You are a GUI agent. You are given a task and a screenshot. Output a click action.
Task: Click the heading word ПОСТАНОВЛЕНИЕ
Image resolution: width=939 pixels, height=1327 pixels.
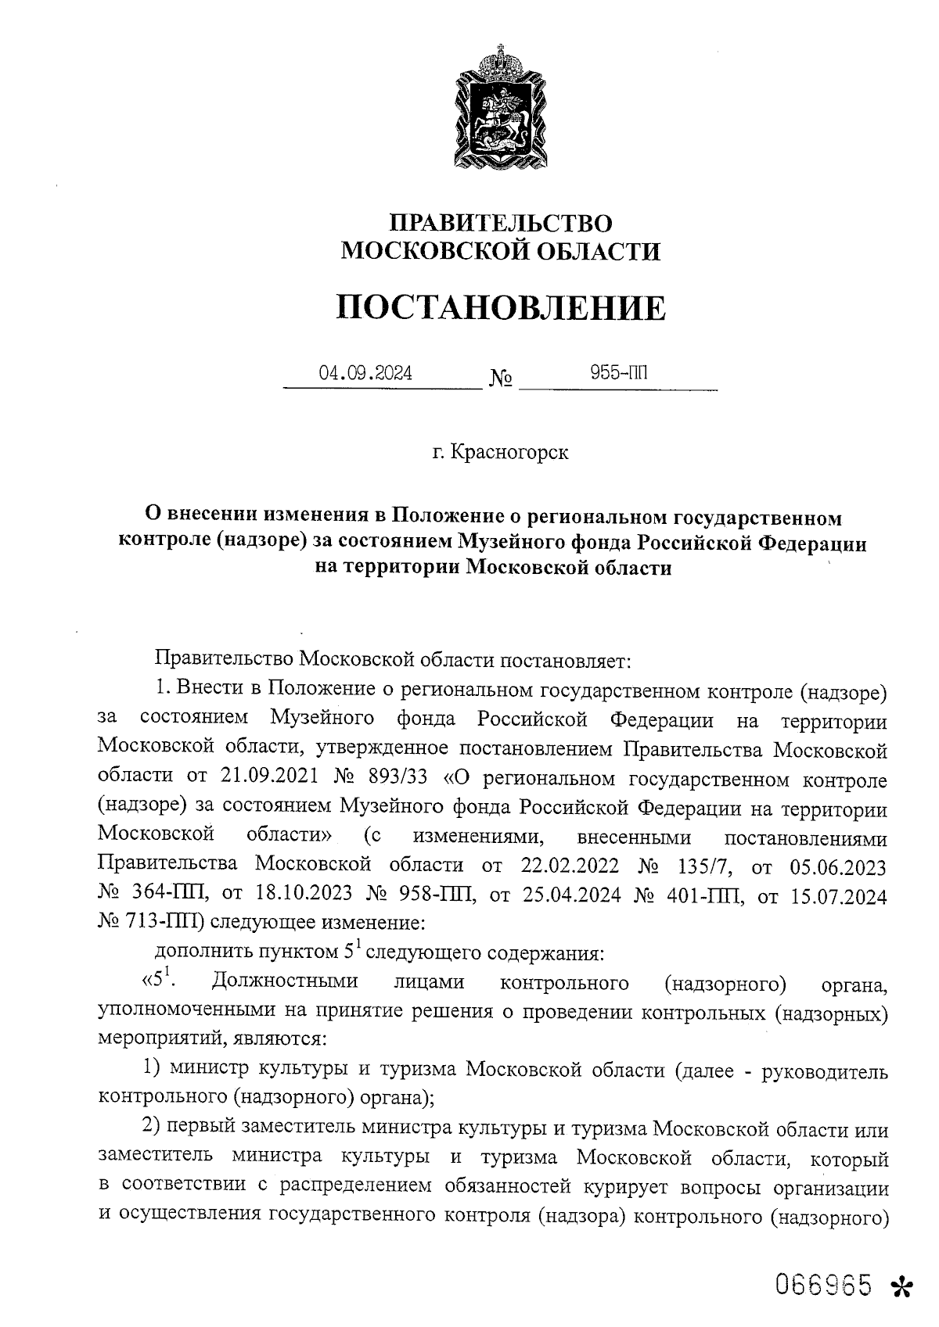501,308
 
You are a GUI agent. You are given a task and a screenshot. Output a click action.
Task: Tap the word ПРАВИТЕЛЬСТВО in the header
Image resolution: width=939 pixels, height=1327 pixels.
501,224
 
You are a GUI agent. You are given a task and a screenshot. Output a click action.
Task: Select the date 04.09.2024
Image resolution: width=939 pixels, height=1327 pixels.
365,373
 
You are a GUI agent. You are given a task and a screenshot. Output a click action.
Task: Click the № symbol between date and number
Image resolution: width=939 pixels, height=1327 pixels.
501,379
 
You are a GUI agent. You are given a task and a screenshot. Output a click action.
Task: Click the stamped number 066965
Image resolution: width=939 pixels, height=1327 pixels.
823,1284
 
